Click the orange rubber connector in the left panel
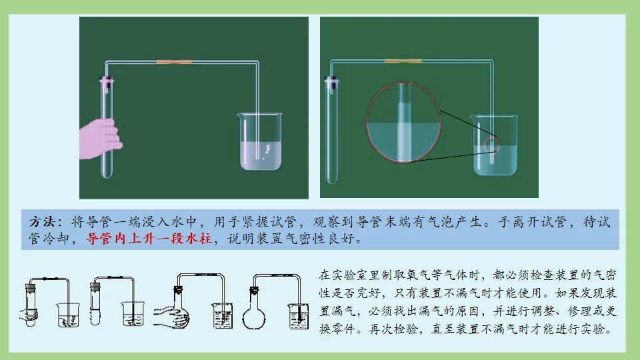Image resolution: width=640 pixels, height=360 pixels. point(174,63)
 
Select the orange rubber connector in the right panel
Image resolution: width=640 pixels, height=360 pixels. point(403,61)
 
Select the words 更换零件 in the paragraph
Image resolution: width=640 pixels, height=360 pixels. point(609,311)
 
